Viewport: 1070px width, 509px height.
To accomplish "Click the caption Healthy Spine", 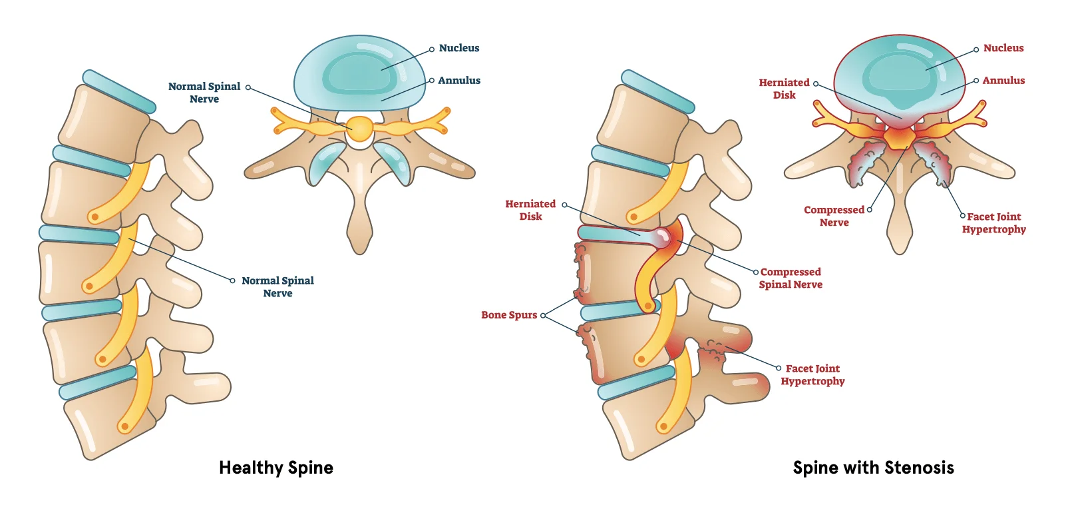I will click(x=275, y=468).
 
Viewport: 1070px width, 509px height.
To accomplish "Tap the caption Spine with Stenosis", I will click(x=873, y=468).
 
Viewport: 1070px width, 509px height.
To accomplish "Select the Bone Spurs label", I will click(x=509, y=315).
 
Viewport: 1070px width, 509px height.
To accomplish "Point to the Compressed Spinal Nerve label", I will click(x=791, y=278).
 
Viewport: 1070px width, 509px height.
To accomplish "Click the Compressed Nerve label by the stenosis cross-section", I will click(x=834, y=216).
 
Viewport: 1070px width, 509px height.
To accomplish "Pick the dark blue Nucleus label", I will click(x=458, y=48).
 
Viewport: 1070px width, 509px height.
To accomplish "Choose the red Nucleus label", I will click(x=1003, y=48).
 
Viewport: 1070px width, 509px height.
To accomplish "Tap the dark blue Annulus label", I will click(x=458, y=81).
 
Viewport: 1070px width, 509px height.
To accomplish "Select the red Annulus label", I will click(x=1003, y=81).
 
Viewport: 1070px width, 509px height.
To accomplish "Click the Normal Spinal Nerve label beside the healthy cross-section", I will click(x=204, y=93).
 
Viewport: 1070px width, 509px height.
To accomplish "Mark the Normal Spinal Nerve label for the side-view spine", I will click(x=277, y=287).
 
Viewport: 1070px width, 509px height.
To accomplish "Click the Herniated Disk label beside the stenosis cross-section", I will click(x=784, y=89).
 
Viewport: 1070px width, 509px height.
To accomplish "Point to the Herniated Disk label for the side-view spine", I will click(x=530, y=210).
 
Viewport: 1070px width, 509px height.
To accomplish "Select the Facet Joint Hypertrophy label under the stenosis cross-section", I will click(x=993, y=223).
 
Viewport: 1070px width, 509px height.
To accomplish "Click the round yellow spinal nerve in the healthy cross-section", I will click(x=360, y=129).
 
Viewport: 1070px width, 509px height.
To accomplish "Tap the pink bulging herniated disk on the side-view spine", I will click(x=662, y=237).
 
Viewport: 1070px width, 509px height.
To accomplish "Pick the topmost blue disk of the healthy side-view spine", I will click(x=119, y=91).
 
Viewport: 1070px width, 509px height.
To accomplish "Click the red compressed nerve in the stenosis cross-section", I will click(x=899, y=137).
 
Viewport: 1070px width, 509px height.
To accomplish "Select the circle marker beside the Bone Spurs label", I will click(x=543, y=315).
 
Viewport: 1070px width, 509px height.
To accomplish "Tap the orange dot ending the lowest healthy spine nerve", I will click(x=124, y=426).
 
